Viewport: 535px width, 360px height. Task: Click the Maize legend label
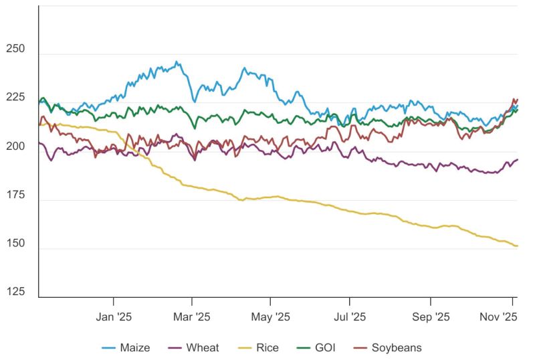pos(135,347)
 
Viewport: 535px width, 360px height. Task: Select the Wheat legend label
pos(203,347)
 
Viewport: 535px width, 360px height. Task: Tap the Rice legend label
pos(267,347)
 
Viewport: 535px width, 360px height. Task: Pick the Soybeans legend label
pos(397,347)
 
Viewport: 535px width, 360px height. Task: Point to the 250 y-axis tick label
pos(15,50)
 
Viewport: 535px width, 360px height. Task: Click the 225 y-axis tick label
pos(15,98)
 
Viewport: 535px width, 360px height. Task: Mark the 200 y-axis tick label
pos(15,147)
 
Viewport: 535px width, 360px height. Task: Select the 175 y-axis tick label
pos(15,195)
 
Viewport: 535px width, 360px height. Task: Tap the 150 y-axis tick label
pos(15,244)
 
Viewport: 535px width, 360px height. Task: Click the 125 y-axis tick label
pos(15,292)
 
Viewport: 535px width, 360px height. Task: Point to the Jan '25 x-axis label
pos(114,316)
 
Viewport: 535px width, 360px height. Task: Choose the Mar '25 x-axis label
pos(192,316)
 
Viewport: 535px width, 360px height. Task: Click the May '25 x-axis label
pos(270,316)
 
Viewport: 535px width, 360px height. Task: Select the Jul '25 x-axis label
pos(349,316)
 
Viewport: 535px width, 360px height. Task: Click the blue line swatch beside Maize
pos(109,348)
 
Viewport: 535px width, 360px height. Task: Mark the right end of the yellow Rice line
pos(518,246)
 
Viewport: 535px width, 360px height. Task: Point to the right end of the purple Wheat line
pos(518,159)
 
